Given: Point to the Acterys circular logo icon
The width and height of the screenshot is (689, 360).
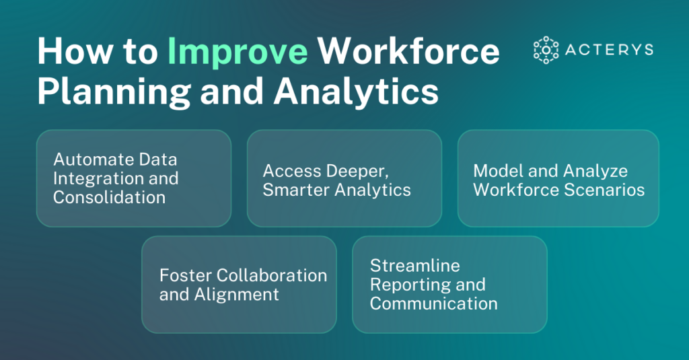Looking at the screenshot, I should (x=546, y=50).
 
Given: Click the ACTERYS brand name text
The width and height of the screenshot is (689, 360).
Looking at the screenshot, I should (x=610, y=50).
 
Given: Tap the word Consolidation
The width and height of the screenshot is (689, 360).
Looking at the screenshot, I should (x=110, y=197).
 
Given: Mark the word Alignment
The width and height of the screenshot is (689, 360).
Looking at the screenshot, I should (x=238, y=294).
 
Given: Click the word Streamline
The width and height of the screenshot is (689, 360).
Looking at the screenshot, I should (x=415, y=265).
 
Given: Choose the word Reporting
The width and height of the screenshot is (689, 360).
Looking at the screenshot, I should (x=406, y=284).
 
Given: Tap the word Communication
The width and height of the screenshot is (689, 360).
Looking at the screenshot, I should (x=434, y=303).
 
